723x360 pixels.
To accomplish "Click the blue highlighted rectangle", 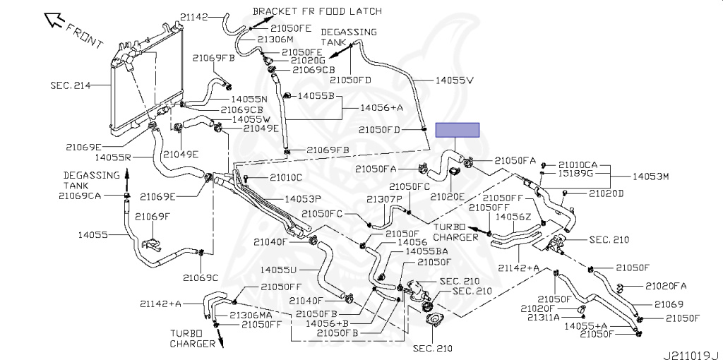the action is [x=458, y=130].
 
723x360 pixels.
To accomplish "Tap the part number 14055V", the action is [x=455, y=80].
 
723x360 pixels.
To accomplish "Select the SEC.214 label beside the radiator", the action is [x=70, y=85].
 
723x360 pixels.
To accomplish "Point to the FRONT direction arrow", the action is [x=54, y=20].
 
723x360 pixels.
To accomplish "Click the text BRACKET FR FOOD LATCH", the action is [x=317, y=11].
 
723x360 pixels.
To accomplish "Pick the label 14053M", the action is [x=650, y=176].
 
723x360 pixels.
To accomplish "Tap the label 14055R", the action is [x=114, y=157].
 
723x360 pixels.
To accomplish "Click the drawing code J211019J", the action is [x=692, y=355].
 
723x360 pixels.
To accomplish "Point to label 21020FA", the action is [x=666, y=287].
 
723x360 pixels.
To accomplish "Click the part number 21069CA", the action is [x=80, y=196].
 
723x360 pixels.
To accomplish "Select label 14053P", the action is [x=302, y=199].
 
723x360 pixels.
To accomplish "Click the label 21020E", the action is [x=447, y=197].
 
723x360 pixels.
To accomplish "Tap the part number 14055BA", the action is [x=426, y=251].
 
